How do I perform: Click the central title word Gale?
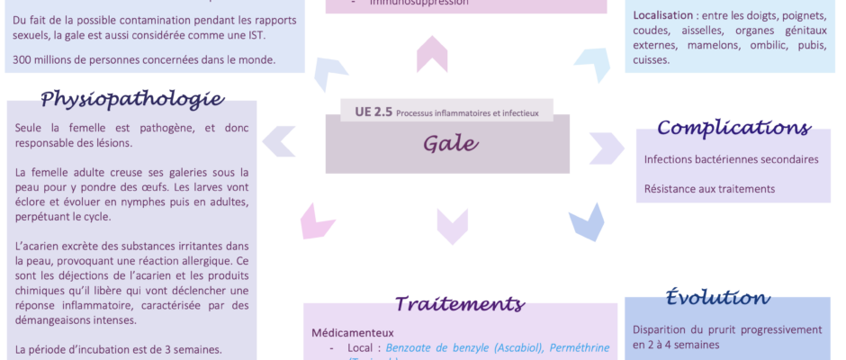(x=447, y=144)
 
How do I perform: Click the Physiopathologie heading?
(x=132, y=98)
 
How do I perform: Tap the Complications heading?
(x=733, y=128)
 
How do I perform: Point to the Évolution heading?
(x=717, y=298)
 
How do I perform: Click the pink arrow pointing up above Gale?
(x=433, y=54)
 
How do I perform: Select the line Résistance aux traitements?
(x=709, y=189)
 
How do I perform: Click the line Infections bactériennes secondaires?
(x=731, y=159)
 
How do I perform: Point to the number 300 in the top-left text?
(x=25, y=60)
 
